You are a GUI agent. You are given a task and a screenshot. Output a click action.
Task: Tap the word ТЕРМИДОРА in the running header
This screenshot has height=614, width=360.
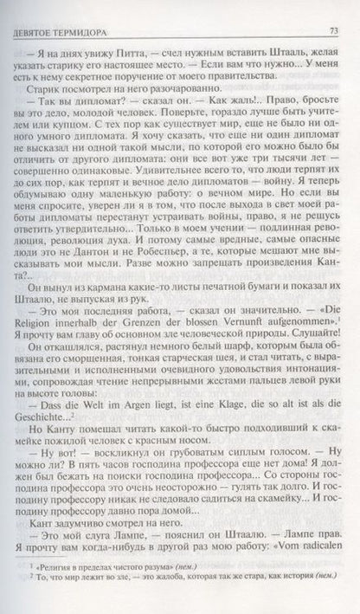tap(80, 11)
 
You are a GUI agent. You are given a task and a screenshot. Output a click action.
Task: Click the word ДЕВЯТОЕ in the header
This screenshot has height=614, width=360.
tap(35, 11)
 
